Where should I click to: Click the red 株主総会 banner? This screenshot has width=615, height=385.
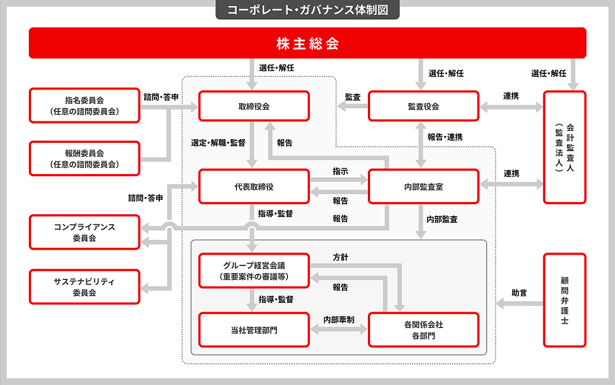coord(307,43)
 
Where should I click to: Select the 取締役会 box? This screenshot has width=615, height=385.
coord(254,106)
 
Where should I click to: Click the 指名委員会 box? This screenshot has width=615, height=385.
coord(84,106)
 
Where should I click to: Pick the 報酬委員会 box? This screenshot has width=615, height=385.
coord(84,158)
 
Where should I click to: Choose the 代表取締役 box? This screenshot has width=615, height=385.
coord(254,187)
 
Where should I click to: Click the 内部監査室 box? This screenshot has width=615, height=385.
coord(423,187)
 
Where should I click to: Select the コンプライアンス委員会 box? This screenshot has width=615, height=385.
coord(84,231)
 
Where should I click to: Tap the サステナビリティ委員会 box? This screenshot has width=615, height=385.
coord(84,287)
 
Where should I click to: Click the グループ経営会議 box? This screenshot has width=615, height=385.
coord(254,270)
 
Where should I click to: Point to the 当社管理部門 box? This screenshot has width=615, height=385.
coord(254,329)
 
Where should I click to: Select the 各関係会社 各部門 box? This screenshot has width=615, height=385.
coord(423,329)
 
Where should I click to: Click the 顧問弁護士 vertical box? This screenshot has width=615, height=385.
coord(564,300)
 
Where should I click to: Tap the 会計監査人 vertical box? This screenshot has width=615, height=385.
coord(564,147)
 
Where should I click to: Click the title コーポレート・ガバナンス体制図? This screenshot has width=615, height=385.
coord(307,10)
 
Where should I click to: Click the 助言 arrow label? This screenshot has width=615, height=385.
coord(520,292)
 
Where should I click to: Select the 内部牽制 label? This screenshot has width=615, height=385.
coord(338,319)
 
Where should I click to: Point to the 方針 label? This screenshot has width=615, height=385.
coord(340,257)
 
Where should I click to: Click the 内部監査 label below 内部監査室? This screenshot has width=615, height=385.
coord(442,219)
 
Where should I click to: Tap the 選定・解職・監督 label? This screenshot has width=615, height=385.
coord(218,142)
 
